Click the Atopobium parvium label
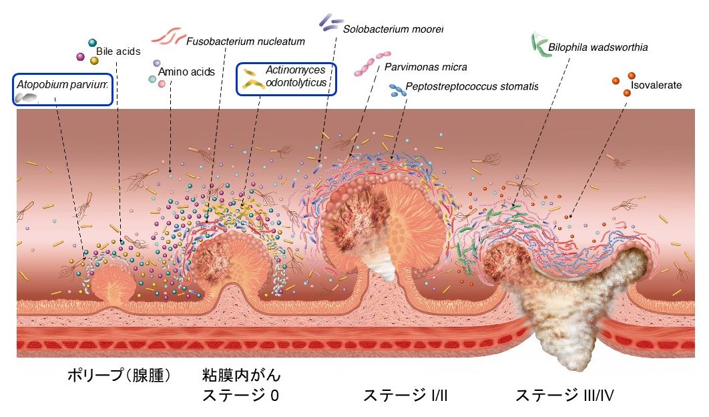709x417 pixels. pyautogui.click(x=62, y=84)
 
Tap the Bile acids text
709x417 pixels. pyautogui.click(x=118, y=51)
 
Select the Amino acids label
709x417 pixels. pyautogui.click(x=186, y=72)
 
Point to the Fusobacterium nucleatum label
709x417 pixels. pyautogui.click(x=246, y=41)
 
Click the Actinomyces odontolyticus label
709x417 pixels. pyautogui.click(x=296, y=76)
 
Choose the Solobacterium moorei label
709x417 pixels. pyautogui.click(x=393, y=29)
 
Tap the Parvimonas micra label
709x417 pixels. pyautogui.click(x=425, y=67)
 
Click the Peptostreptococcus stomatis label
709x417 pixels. pyautogui.click(x=471, y=86)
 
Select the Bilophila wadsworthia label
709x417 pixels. pyautogui.click(x=598, y=47)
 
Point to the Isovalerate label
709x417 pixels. pyautogui.click(x=656, y=85)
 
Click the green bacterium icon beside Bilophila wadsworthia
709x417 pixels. pyautogui.click(x=541, y=45)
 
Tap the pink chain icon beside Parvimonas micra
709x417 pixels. pyautogui.click(x=373, y=63)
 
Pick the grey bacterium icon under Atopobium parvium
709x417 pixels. pyautogui.click(x=26, y=98)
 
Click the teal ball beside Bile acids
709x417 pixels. pyautogui.click(x=92, y=43)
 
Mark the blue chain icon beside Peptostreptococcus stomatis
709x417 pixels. pyautogui.click(x=397, y=91)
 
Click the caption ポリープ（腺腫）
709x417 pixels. pyautogui.click(x=119, y=375)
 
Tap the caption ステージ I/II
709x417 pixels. pyautogui.click(x=405, y=395)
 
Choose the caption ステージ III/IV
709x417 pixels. pyautogui.click(x=564, y=395)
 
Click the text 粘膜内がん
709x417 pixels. pyautogui.click(x=241, y=375)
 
